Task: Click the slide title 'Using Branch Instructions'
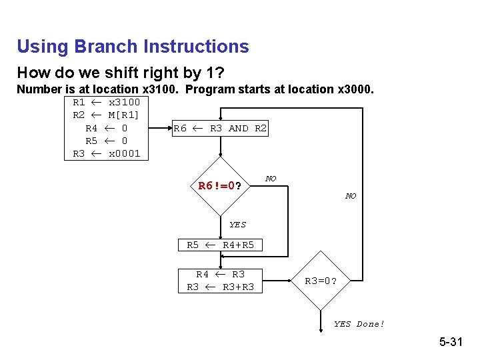(133, 47)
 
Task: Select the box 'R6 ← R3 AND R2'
(220, 128)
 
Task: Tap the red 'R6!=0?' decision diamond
(219, 186)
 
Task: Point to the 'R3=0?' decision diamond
(321, 281)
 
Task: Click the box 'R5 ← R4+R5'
(220, 245)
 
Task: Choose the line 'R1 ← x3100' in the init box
(107, 103)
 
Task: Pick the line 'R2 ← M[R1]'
(107, 115)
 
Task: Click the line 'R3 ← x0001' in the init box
(107, 153)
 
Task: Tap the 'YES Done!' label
(359, 324)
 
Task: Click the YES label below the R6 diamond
(237, 225)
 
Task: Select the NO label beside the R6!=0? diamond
(271, 179)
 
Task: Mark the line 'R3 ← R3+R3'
(220, 287)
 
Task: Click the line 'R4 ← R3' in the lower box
(220, 274)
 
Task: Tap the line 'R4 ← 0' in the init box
(107, 128)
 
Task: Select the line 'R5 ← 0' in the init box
(107, 141)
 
